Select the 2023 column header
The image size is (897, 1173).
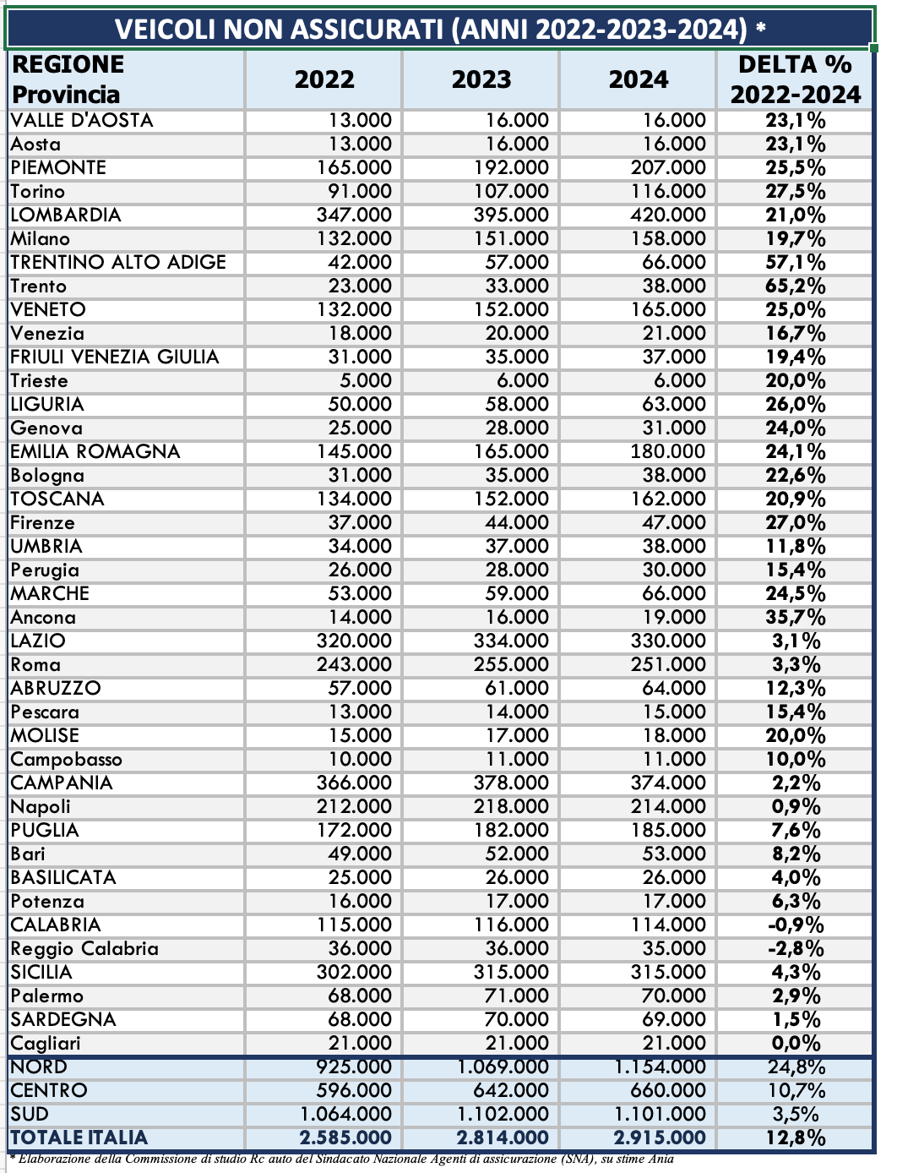[481, 79]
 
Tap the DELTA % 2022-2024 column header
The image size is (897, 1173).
[795, 79]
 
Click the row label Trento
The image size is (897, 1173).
[39, 286]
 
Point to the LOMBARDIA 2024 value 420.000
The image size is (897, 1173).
[667, 216]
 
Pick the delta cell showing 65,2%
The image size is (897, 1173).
[795, 286]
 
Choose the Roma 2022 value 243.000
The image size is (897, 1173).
[354, 665]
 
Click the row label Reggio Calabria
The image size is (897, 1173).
[84, 949]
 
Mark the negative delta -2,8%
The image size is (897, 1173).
[795, 949]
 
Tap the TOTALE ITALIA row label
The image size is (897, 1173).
[79, 1138]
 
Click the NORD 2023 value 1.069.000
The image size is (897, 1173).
[503, 1067]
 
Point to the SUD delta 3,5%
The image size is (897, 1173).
[795, 1115]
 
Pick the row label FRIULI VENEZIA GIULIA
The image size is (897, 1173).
[115, 357]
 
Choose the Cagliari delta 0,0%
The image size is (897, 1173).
[795, 1044]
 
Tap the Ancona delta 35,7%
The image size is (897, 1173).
[795, 618]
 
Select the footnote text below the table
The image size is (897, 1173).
[342, 1159]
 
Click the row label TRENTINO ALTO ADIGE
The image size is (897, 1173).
[118, 263]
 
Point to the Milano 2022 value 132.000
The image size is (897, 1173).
[354, 239]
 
